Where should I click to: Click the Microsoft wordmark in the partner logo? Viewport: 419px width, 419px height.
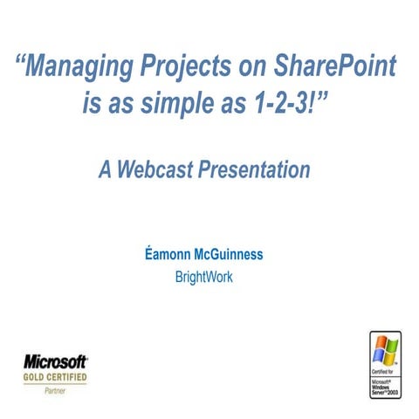[x=55, y=361]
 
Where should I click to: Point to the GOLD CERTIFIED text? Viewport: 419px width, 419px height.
[x=55, y=377]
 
